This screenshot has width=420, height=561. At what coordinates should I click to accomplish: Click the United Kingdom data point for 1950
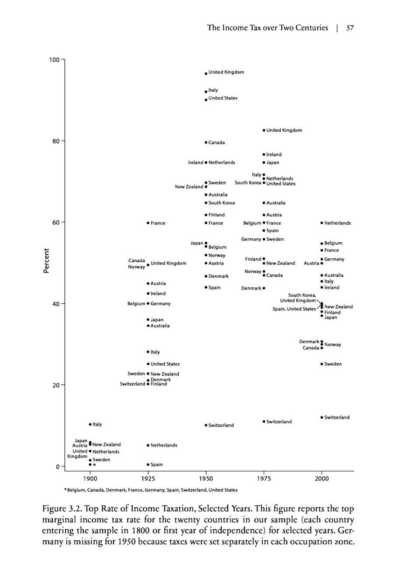point(206,73)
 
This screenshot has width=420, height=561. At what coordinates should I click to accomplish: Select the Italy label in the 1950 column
point(213,90)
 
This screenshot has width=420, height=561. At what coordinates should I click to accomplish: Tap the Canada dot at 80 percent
point(206,142)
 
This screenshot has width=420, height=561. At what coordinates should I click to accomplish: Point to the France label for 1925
point(158,223)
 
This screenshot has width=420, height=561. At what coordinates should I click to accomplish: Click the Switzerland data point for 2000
point(322,417)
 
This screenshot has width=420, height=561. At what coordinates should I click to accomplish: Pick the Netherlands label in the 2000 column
point(337,223)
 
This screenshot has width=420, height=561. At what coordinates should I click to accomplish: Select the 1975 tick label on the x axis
point(264,479)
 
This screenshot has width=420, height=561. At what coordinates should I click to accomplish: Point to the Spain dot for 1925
point(148,464)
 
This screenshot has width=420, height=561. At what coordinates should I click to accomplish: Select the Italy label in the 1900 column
point(97,424)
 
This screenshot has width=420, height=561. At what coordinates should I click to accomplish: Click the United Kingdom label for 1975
point(284,130)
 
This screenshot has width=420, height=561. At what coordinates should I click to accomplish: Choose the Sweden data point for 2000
point(322,364)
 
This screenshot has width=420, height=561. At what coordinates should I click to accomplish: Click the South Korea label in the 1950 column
point(222,203)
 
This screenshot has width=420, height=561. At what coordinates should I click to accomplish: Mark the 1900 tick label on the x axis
point(90,479)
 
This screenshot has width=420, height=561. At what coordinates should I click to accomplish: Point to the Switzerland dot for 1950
point(206,425)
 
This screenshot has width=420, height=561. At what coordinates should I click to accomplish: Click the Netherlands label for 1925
point(164,445)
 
